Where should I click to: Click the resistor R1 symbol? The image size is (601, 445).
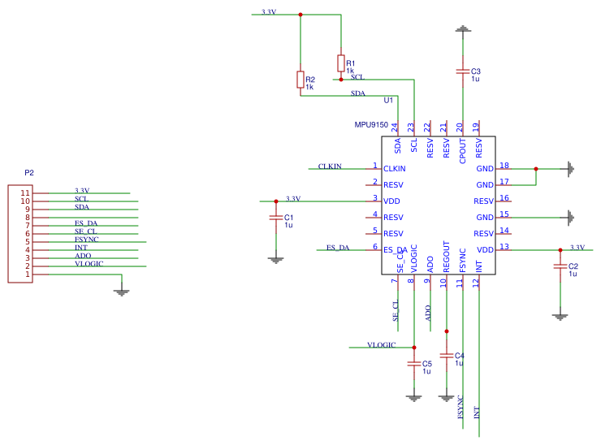click(x=340, y=63)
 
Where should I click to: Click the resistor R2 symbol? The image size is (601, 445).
click(x=300, y=79)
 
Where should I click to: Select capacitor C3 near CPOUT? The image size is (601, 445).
click(x=462, y=71)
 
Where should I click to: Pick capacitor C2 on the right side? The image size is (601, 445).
click(x=559, y=266)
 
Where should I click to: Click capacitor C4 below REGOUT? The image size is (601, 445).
click(x=445, y=356)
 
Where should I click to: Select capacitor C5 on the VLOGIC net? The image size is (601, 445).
click(x=414, y=364)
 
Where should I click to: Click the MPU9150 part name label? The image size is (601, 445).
click(x=371, y=125)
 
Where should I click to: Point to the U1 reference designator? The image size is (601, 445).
click(x=388, y=101)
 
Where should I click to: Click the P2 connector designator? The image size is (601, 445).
click(x=29, y=173)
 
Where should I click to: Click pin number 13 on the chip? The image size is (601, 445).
click(x=504, y=247)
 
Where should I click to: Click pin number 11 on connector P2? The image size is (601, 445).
click(x=25, y=193)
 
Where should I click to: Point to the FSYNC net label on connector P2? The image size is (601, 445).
click(x=87, y=240)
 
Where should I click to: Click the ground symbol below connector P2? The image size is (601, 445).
click(x=121, y=291)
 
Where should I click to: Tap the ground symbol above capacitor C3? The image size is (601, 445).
click(x=462, y=30)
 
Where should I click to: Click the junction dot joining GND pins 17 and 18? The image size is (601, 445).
click(x=536, y=169)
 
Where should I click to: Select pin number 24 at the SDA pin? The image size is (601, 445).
click(x=395, y=127)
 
